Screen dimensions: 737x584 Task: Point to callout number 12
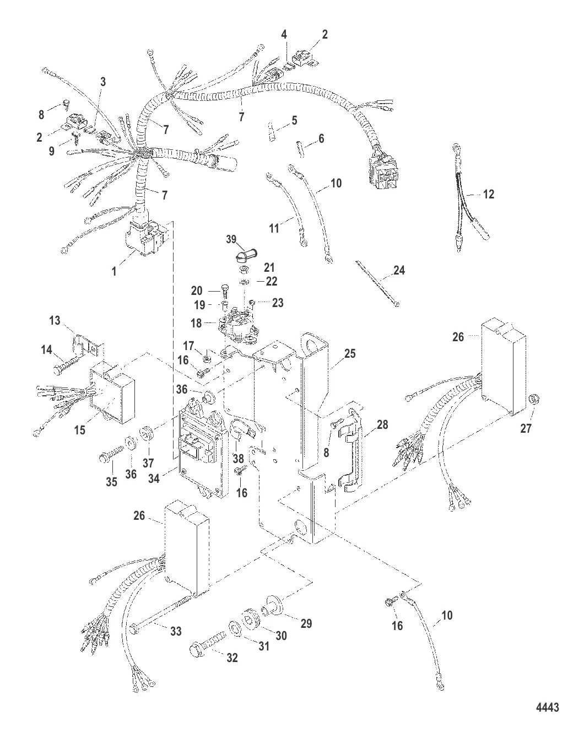tap(488, 194)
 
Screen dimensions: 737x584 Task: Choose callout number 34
tap(154, 478)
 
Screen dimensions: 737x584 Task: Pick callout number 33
tap(175, 631)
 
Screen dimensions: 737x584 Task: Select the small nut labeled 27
tap(533, 413)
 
